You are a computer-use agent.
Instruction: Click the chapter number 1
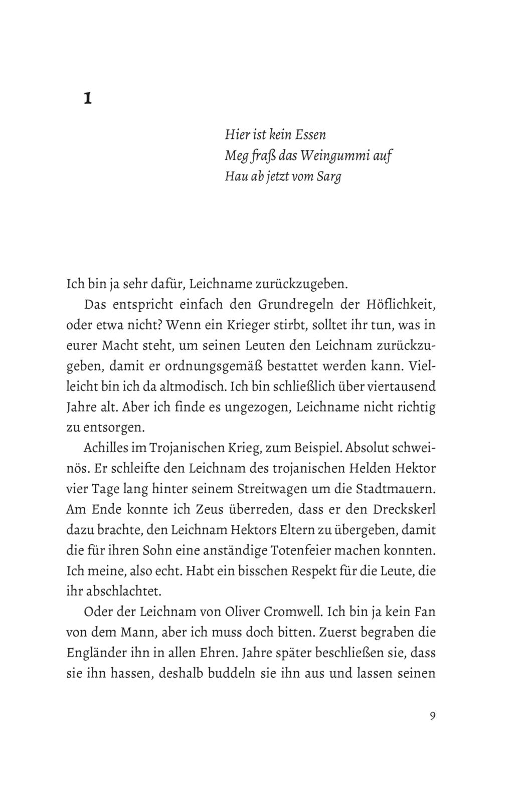click(87, 99)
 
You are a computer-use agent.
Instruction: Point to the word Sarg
click(329, 177)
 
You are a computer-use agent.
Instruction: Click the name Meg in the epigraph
click(234, 156)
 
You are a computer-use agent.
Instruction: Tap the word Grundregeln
click(295, 304)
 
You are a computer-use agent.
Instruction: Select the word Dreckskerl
click(404, 510)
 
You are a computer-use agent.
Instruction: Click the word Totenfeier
click(299, 551)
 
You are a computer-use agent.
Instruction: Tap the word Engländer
click(95, 654)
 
